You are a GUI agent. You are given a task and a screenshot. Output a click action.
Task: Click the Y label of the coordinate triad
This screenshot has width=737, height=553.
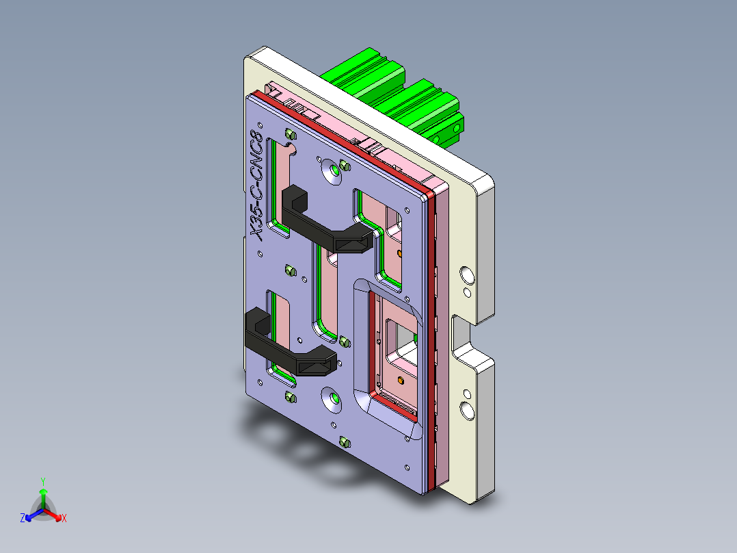point(43,481)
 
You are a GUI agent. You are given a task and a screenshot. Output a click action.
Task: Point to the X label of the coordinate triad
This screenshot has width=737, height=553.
point(64,519)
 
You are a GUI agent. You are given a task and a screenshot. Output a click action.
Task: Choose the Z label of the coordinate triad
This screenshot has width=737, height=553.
point(23,519)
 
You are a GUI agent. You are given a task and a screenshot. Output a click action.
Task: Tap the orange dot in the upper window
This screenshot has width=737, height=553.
point(400,254)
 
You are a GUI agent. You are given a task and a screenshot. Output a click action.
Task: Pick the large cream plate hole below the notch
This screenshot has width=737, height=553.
point(468,409)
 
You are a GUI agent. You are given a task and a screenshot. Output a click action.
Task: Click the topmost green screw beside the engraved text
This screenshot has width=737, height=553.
point(289,133)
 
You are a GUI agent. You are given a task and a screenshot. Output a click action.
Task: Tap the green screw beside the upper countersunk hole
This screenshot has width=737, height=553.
point(345,166)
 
